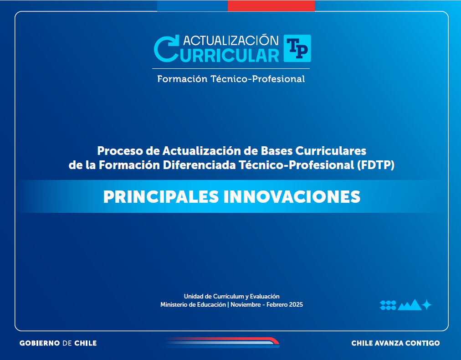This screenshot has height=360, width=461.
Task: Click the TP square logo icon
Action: [x=297, y=48]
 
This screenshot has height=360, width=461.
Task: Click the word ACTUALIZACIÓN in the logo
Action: [x=230, y=40]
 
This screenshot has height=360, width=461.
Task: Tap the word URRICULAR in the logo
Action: [x=230, y=55]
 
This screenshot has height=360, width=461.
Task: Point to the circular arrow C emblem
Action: [x=166, y=48]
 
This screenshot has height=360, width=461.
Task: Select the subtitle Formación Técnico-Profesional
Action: [x=231, y=79]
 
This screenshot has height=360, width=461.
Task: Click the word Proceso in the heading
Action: [x=118, y=150]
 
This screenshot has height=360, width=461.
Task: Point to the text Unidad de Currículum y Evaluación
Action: [x=231, y=296]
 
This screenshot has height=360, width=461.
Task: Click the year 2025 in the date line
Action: [x=296, y=304]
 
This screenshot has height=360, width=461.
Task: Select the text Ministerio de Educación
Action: [x=193, y=304]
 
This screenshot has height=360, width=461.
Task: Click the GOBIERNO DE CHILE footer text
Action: [x=58, y=343]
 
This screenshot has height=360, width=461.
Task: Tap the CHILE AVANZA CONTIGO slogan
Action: [x=395, y=343]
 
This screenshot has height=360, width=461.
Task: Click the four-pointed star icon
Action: [x=427, y=305]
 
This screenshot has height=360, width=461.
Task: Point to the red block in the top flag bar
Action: [x=271, y=6]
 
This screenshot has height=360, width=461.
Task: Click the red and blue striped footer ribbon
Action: [x=223, y=342]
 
